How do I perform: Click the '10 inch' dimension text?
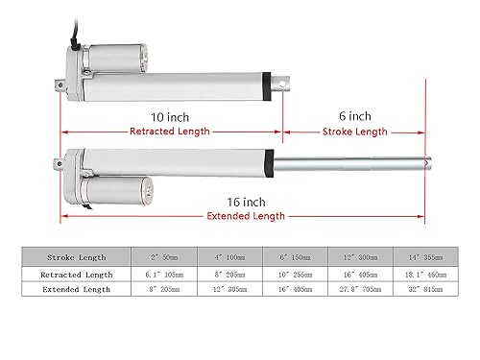point(170,117)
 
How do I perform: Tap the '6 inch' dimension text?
point(355,116)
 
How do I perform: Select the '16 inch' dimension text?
point(246,203)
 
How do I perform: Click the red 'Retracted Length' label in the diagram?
point(170,132)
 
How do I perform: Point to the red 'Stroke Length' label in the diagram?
point(355,132)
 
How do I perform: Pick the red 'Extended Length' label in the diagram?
point(246,216)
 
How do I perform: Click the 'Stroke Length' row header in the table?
point(77,257)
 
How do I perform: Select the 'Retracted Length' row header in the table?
point(77,275)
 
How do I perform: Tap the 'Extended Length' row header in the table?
point(77,289)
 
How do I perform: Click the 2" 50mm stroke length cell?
point(164,257)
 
